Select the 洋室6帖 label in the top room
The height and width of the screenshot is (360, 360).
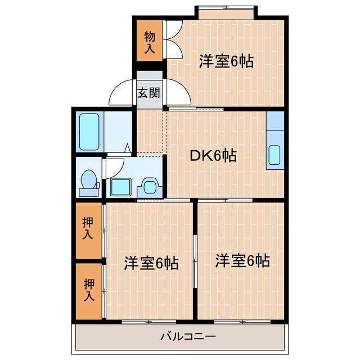click(226, 61)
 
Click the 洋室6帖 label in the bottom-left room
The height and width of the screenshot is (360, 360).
click(151, 262)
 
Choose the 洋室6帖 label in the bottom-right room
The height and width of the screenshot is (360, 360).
click(242, 260)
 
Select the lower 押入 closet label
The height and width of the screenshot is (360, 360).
click(87, 289)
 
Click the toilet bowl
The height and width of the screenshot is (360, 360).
click(88, 180)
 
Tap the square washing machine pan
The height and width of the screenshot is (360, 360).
click(120, 186)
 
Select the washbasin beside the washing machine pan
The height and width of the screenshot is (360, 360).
click(150, 186)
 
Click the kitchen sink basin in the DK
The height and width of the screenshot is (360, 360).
click(274, 155)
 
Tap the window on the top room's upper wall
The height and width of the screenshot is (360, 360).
click(225, 11)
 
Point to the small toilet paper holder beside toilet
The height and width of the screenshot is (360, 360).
click(98, 185)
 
